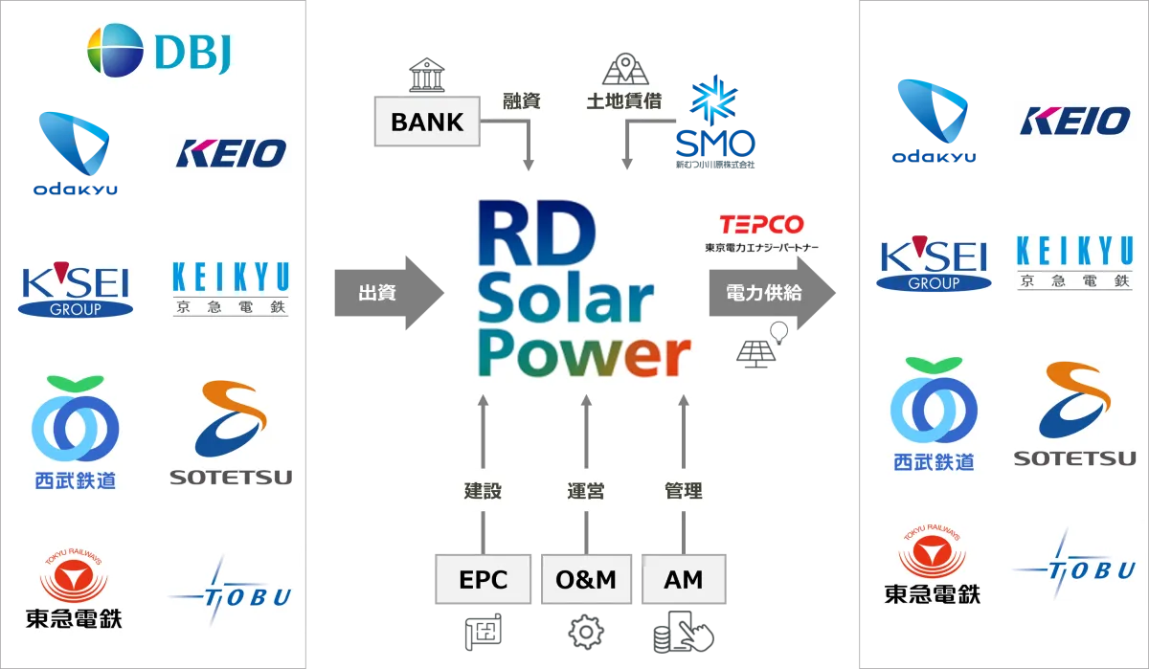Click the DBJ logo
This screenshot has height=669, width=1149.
[160, 50]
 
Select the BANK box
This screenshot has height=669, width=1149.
[427, 122]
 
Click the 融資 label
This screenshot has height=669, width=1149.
[522, 100]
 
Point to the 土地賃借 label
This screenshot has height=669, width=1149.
[624, 100]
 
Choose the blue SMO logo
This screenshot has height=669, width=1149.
[715, 120]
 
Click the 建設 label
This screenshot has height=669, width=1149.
[483, 491]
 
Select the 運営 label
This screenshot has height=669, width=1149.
[585, 491]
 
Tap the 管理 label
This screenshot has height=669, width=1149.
[684, 491]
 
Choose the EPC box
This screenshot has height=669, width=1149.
[483, 579]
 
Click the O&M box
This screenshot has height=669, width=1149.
[585, 579]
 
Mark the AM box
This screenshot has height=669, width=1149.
[684, 579]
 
